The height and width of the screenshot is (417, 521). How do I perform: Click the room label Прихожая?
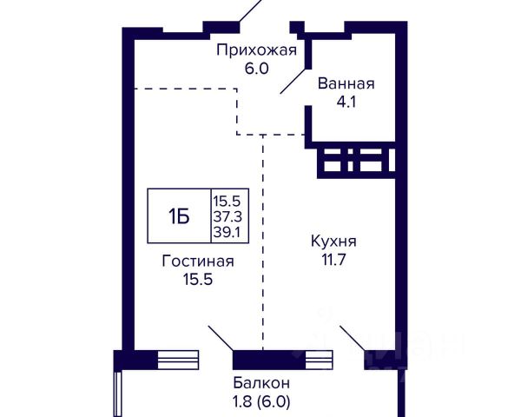tap(256, 51)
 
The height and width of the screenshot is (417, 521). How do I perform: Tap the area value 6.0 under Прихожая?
tap(256, 69)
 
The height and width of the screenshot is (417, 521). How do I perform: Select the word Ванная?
tap(346, 83)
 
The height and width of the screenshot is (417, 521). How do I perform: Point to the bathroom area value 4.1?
tap(346, 102)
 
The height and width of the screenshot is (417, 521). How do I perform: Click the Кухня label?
tap(333, 242)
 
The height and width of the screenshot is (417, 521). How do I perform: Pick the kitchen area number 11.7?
tap(333, 260)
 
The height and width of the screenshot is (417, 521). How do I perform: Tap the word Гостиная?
tap(198, 261)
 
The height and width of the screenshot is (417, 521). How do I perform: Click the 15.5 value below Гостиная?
tap(198, 280)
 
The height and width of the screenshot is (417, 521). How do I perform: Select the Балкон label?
tap(261, 383)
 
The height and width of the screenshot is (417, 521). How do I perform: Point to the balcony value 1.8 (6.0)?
tap(261, 401)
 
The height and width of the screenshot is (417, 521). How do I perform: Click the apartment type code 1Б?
tap(179, 216)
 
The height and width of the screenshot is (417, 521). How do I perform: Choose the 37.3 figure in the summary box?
tap(228, 217)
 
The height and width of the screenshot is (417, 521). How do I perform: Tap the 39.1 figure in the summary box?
tap(227, 232)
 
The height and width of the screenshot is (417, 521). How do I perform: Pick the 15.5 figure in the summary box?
tap(227, 202)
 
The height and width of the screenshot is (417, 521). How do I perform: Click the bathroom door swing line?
tap(293, 81)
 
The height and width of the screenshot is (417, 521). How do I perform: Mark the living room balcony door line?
tap(221, 338)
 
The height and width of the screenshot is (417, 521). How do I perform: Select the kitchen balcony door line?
tap(353, 338)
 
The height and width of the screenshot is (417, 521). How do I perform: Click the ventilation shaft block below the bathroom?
tap(356, 160)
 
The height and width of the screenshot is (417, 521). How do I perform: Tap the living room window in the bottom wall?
tap(178, 360)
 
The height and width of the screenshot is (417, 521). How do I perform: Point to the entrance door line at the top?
tap(252, 10)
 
